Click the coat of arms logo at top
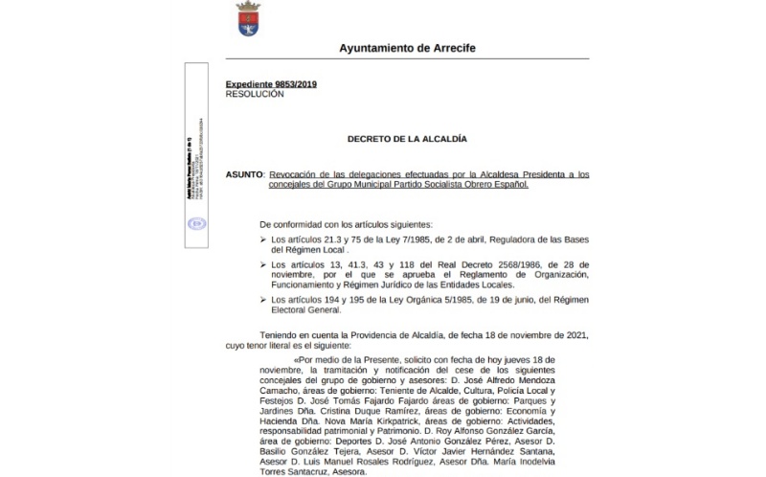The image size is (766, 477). pyautogui.click(x=248, y=19)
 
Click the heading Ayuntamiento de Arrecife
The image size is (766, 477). pyautogui.click(x=407, y=48)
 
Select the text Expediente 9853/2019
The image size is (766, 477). pyautogui.click(x=271, y=84)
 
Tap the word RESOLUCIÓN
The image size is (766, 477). pyautogui.click(x=255, y=94)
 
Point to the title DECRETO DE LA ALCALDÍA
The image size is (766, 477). pyautogui.click(x=407, y=139)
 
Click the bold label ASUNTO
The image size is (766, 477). pyautogui.click(x=244, y=174)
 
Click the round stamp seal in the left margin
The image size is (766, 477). pyautogui.click(x=196, y=224)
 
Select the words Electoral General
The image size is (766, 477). pyautogui.click(x=309, y=311)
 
